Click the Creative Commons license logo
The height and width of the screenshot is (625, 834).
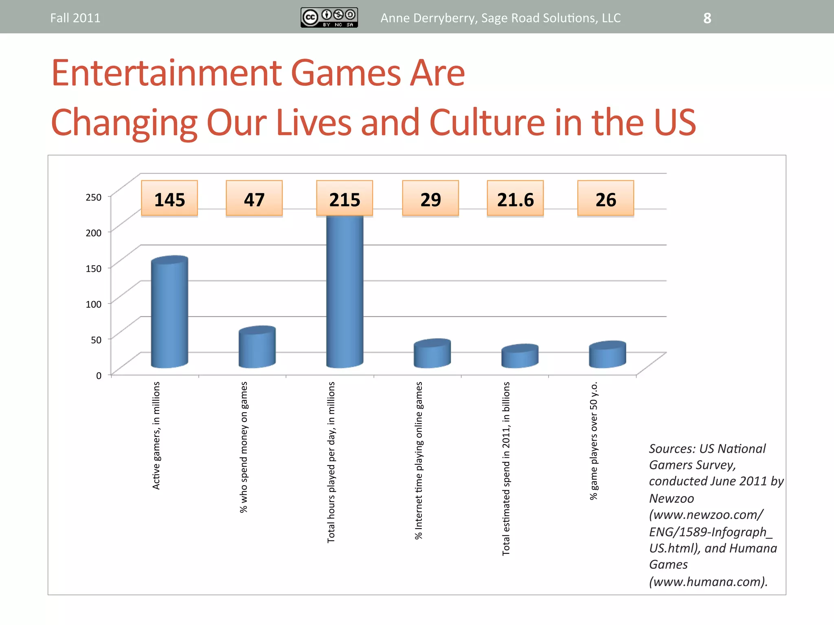[329, 17]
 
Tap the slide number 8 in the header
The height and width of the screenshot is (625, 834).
[707, 18]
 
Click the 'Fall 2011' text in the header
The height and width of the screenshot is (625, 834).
[75, 18]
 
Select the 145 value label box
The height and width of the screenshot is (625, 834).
[169, 199]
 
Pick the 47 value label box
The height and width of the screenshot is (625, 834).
[254, 199]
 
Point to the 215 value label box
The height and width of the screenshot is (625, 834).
[345, 199]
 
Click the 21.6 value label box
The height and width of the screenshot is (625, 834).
[515, 199]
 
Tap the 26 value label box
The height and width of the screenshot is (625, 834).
[606, 199]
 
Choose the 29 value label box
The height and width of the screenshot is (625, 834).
[430, 199]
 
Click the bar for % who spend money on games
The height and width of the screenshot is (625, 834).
[257, 347]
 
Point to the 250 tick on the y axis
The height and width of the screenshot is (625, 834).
[94, 197]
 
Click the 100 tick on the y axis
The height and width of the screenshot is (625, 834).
[94, 304]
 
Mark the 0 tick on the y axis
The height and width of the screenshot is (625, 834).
[99, 376]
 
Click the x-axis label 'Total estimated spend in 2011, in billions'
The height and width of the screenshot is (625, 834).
[506, 468]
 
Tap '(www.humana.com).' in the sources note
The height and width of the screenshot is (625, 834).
[708, 581]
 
